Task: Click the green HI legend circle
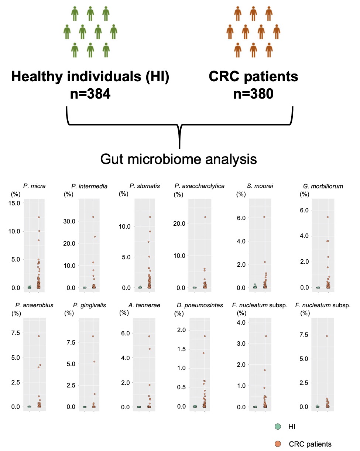(x=278, y=427)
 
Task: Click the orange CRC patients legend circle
(x=278, y=444)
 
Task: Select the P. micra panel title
(x=34, y=186)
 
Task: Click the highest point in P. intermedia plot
(x=93, y=217)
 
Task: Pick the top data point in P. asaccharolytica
(x=205, y=217)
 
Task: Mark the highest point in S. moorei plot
(x=264, y=217)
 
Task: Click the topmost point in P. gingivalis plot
(x=93, y=336)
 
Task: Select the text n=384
(x=90, y=94)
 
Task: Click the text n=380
(x=253, y=94)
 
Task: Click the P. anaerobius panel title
(x=34, y=305)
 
